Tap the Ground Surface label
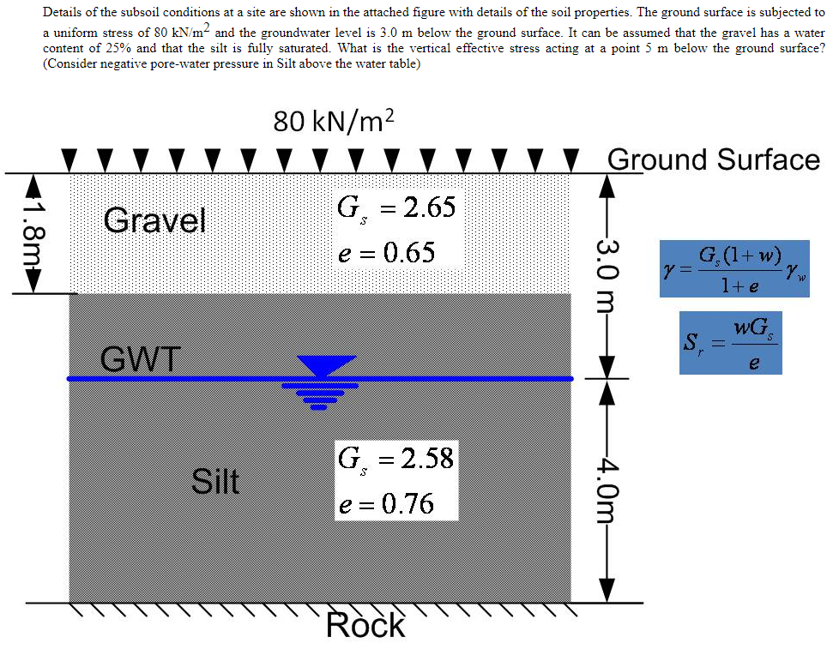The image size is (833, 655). click(x=713, y=159)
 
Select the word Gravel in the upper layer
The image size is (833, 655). click(x=154, y=221)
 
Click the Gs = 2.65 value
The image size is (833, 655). click(x=396, y=207)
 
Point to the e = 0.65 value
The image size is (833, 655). click(x=386, y=253)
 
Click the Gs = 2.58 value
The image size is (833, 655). click(x=395, y=458)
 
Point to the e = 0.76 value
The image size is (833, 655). click(x=386, y=503)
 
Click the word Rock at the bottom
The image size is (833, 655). click(x=365, y=626)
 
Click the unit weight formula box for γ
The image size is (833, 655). click(x=734, y=268)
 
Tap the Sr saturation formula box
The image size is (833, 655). click(x=730, y=343)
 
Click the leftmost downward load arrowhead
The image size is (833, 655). click(x=69, y=160)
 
